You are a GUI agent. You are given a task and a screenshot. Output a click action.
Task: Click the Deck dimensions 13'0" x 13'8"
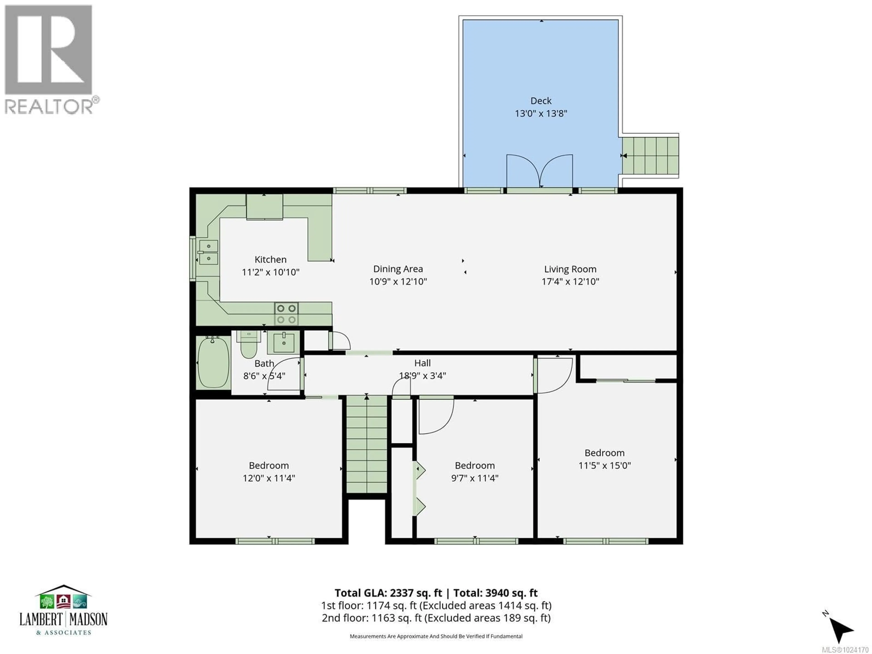pos(541,114)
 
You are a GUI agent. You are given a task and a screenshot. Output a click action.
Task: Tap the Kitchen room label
pos(270,259)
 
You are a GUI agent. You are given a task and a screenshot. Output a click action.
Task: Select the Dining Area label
pos(398,269)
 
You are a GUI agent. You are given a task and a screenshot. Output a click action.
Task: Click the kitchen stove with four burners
pos(286,314)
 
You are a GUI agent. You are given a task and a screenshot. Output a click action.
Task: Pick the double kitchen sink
pos(208,252)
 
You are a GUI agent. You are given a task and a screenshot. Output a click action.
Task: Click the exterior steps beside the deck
pos(650,155)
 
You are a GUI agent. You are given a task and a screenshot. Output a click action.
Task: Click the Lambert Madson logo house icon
pos(63,599)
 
